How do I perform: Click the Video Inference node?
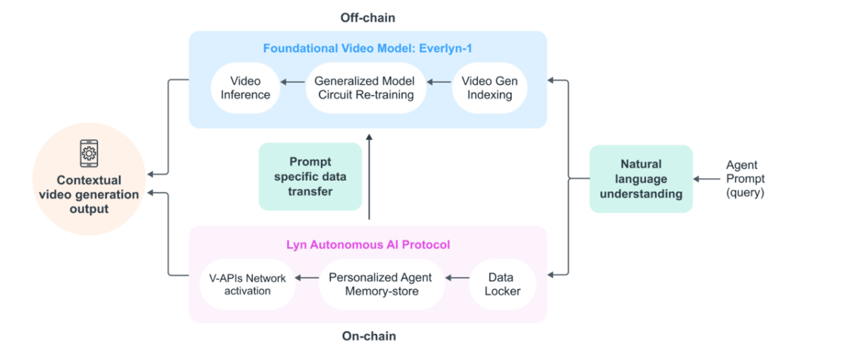(x=246, y=88)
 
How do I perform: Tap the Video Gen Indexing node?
(x=490, y=88)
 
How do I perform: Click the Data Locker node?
(x=502, y=283)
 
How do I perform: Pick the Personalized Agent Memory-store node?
(x=380, y=283)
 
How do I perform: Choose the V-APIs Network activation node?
(x=247, y=283)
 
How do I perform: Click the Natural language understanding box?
(x=641, y=179)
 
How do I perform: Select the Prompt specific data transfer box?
(x=310, y=177)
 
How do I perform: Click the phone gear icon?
(x=89, y=152)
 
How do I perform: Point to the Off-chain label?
(x=368, y=16)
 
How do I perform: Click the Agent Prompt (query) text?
(x=745, y=179)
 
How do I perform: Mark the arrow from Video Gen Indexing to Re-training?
(x=439, y=82)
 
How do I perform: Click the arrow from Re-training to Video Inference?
(x=292, y=82)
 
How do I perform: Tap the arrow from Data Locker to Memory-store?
(x=456, y=278)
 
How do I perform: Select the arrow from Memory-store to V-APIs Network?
(x=307, y=278)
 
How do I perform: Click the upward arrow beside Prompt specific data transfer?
(x=370, y=177)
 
